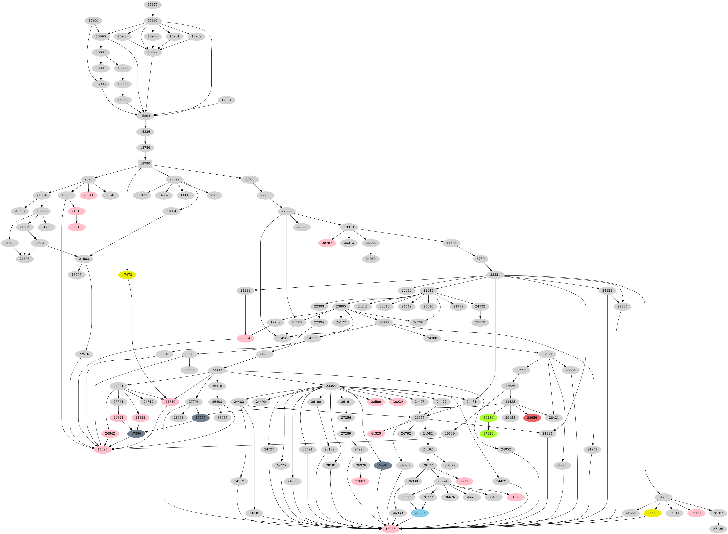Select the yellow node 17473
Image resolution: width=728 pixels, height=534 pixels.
127,275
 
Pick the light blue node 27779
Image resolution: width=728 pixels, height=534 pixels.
420,513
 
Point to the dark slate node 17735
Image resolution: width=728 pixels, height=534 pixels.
200,418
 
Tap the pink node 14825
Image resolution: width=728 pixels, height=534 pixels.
103,449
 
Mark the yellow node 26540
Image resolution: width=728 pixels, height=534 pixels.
652,513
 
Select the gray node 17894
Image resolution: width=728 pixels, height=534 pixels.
226,100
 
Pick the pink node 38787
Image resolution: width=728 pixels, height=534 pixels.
327,243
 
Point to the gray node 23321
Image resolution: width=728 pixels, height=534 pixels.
495,275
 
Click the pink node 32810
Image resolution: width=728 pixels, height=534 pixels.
77,227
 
